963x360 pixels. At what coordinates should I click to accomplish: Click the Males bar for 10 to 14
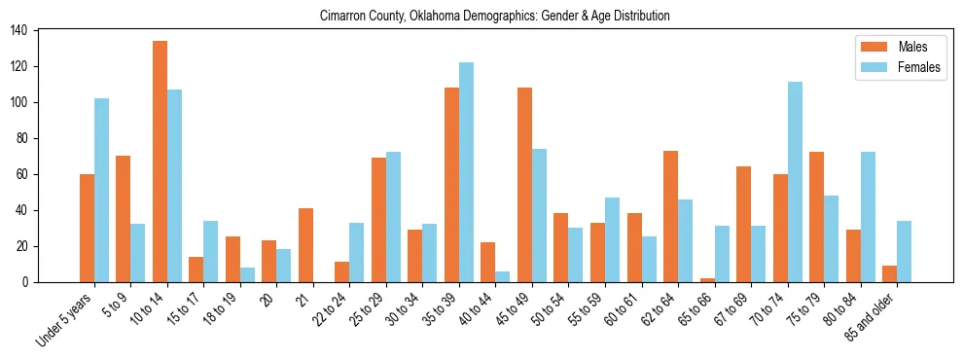(x=160, y=162)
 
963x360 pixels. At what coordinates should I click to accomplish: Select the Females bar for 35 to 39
(x=466, y=172)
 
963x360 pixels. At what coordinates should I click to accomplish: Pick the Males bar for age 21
(x=305, y=245)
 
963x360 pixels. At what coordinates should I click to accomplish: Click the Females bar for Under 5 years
(x=101, y=191)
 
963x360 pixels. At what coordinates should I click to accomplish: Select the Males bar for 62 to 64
(x=670, y=216)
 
